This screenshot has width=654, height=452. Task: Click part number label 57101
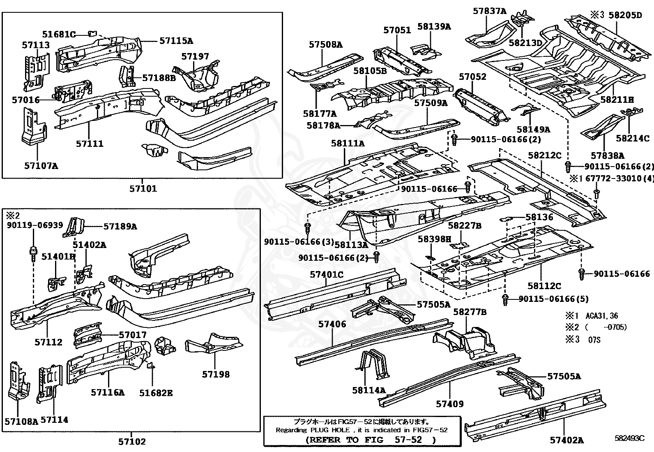coord(143,189)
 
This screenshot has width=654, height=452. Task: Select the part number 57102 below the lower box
coord(132,442)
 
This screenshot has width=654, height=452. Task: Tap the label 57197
coord(195,56)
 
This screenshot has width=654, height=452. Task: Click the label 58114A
coord(368,390)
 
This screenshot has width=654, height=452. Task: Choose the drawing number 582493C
coord(629,438)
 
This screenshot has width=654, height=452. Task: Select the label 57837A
coord(489,11)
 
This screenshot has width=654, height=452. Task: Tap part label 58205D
coord(625,15)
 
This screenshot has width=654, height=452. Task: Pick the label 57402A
coord(566,440)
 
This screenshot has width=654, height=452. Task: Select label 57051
coord(397,30)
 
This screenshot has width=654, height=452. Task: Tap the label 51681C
coord(59,34)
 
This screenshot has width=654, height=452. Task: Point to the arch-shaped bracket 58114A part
coord(374,364)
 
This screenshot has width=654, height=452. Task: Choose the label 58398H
coord(434,239)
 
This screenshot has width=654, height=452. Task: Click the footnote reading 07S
coord(594,341)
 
